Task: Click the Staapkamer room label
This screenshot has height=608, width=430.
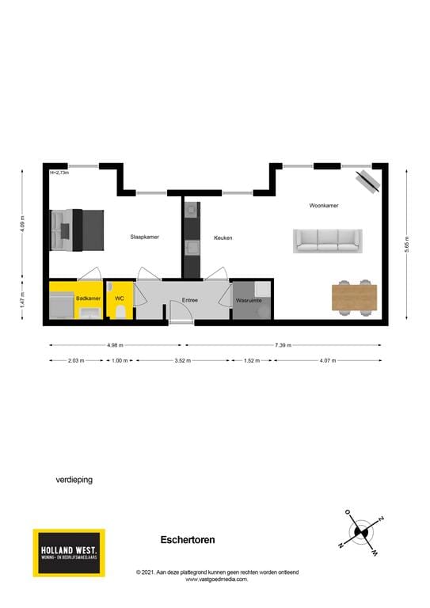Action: click(145, 237)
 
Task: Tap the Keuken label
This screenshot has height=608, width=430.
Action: click(223, 237)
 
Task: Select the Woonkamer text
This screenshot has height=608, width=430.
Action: click(324, 205)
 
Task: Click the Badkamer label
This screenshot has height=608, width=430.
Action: click(88, 298)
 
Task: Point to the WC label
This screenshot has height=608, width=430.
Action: click(120, 298)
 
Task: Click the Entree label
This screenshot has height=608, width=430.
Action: click(190, 300)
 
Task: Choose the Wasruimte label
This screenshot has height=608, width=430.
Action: click(248, 301)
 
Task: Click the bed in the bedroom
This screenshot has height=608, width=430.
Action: click(77, 230)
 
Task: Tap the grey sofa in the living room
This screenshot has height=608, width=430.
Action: click(327, 241)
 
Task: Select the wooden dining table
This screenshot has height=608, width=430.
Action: click(354, 297)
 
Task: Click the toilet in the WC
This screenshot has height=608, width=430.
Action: click(120, 313)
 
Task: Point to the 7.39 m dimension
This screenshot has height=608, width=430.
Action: click(283, 345)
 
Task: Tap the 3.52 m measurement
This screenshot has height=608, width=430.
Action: click(183, 360)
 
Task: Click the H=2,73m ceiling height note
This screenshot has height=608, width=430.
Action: click(59, 173)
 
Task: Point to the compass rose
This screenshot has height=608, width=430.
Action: click(361, 530)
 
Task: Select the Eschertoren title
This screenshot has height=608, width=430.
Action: click(188, 540)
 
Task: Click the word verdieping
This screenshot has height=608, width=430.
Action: click(74, 479)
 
